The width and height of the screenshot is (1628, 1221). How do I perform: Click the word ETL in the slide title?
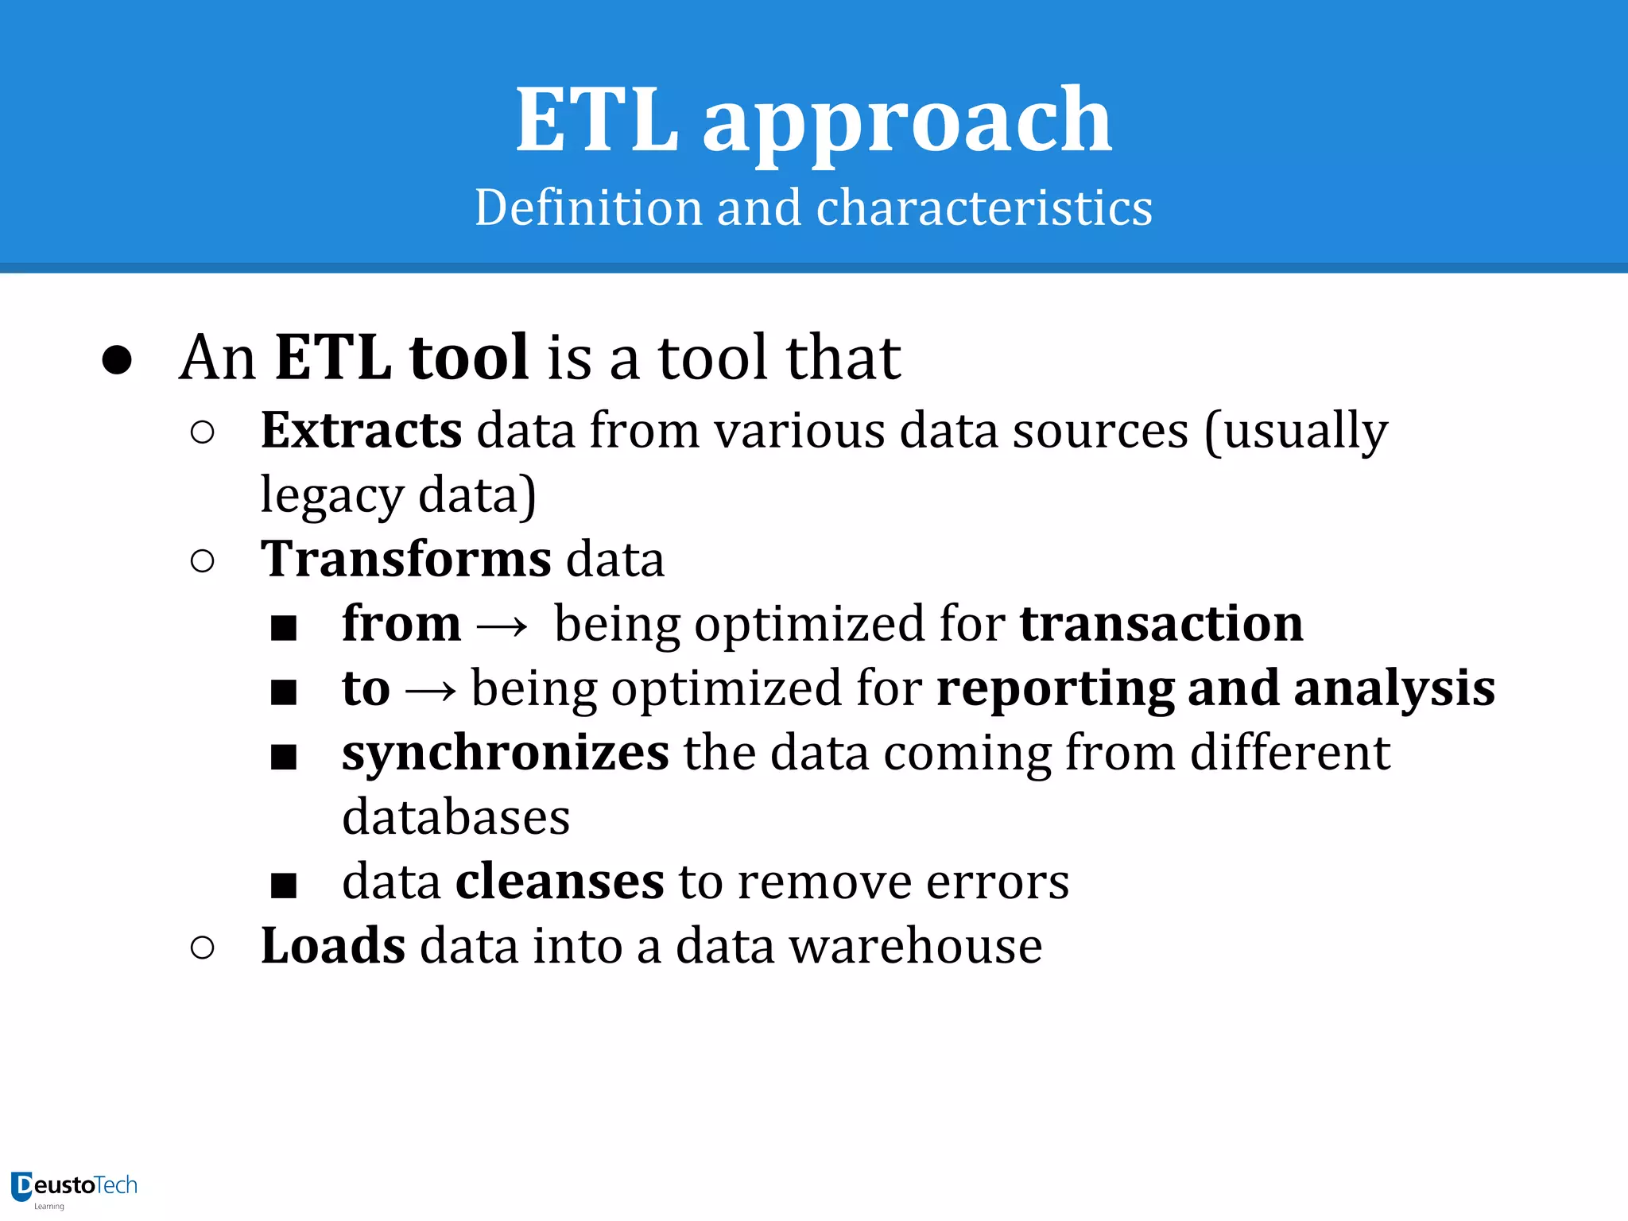(x=596, y=121)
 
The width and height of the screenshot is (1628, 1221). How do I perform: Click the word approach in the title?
(x=907, y=124)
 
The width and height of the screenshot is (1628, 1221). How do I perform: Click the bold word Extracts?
(x=362, y=430)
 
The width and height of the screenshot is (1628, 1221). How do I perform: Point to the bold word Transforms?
(x=406, y=558)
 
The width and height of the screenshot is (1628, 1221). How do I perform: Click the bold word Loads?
(x=333, y=945)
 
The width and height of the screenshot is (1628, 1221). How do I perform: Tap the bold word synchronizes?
(x=506, y=753)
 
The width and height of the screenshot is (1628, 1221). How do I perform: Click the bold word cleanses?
(x=560, y=881)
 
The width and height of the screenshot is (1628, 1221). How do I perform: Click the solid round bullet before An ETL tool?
(x=117, y=360)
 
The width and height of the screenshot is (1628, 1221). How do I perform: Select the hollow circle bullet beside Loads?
(x=203, y=948)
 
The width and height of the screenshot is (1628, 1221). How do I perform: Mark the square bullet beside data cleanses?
(x=284, y=885)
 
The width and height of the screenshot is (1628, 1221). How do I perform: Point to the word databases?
(x=456, y=816)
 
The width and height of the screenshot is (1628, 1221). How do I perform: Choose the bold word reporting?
(x=1055, y=688)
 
